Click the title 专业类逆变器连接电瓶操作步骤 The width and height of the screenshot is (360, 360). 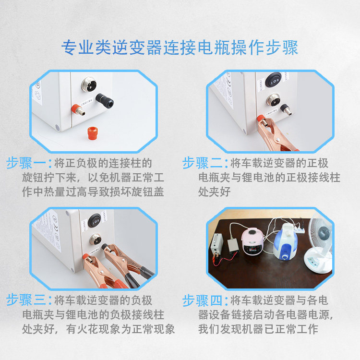[x=180, y=48]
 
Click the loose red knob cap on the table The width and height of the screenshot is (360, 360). [x=93, y=133]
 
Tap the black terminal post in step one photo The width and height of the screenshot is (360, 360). [x=105, y=100]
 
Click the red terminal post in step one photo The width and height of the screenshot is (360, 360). [x=78, y=110]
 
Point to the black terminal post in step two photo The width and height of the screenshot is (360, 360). [x=286, y=110]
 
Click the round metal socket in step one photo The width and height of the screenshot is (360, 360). [x=89, y=84]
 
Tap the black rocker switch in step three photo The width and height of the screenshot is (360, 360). [x=95, y=221]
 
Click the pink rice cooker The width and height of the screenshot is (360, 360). [x=252, y=241]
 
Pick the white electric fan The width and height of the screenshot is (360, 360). [x=319, y=244]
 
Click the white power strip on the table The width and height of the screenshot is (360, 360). [x=299, y=229]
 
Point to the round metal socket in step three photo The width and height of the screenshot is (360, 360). [x=96, y=239]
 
